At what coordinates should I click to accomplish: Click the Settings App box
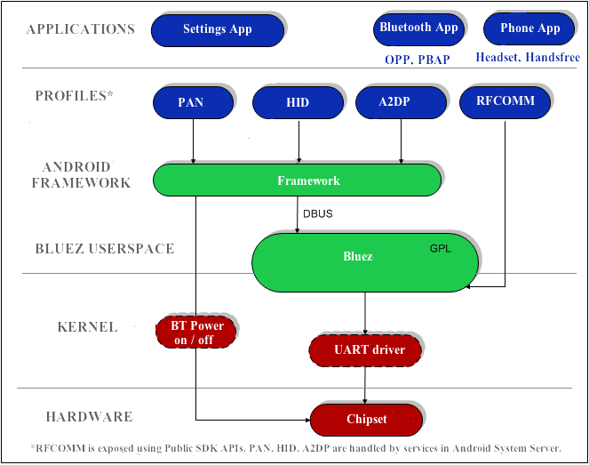[218, 29]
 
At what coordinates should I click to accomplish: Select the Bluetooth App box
[418, 28]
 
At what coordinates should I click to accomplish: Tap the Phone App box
[529, 28]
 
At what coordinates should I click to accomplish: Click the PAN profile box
[191, 102]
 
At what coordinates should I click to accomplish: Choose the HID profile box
[298, 102]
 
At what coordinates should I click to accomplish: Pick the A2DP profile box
[401, 102]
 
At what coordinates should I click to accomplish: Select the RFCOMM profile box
[505, 101]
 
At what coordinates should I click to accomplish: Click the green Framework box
[297, 180]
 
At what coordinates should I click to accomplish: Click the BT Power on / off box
[197, 333]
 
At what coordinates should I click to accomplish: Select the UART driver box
[369, 349]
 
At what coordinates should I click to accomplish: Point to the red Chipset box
[366, 418]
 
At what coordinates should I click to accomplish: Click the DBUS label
[316, 213]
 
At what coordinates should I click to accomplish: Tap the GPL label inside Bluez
[440, 248]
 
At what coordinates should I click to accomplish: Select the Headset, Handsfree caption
[528, 58]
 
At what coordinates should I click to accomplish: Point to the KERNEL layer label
[87, 327]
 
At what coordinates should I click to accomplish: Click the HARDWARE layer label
[89, 416]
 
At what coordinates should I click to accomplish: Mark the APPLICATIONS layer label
[81, 29]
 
